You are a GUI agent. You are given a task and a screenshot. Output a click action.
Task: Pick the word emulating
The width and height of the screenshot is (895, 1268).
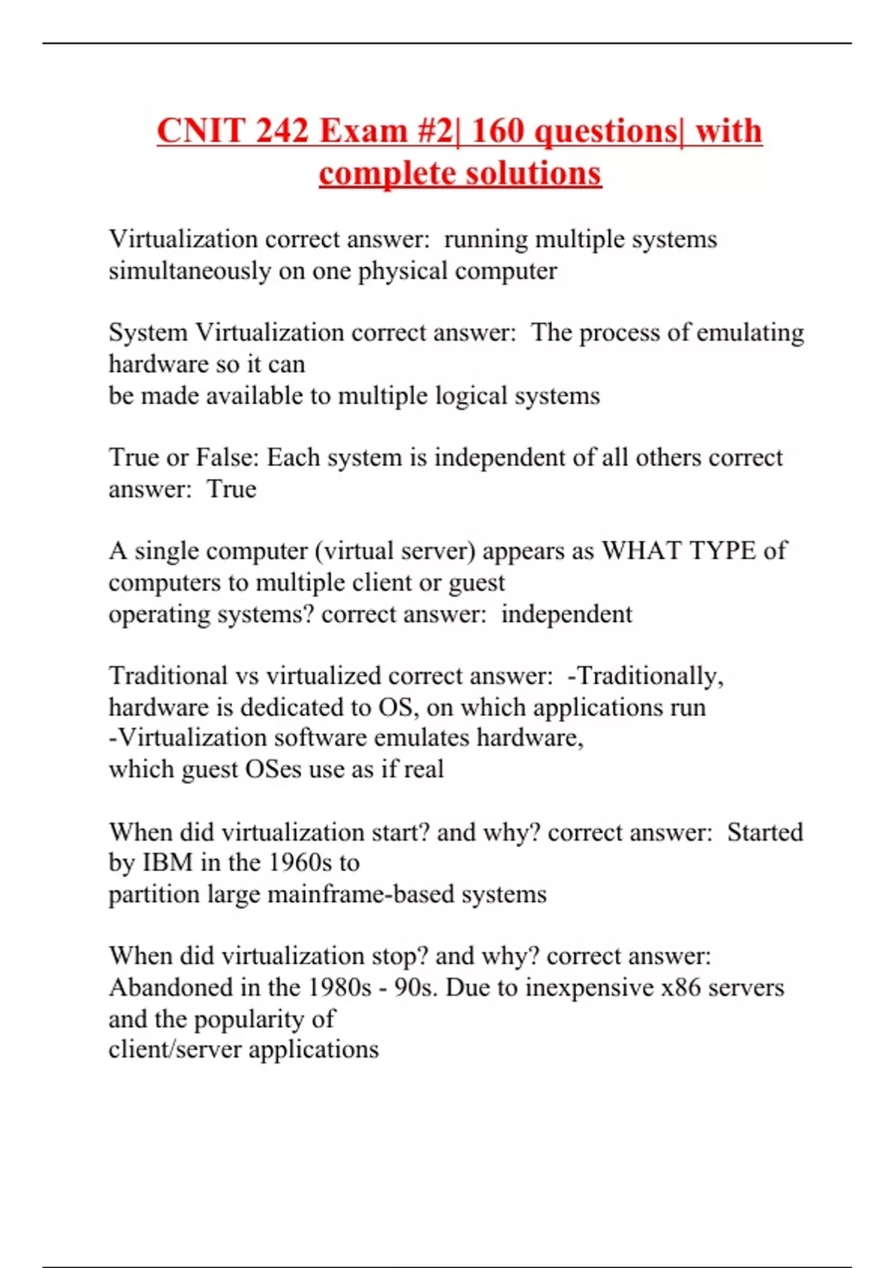(750, 333)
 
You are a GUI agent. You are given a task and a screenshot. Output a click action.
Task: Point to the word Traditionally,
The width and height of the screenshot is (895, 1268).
(645, 676)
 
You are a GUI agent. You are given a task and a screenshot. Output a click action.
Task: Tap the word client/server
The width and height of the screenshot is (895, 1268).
(175, 1049)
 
